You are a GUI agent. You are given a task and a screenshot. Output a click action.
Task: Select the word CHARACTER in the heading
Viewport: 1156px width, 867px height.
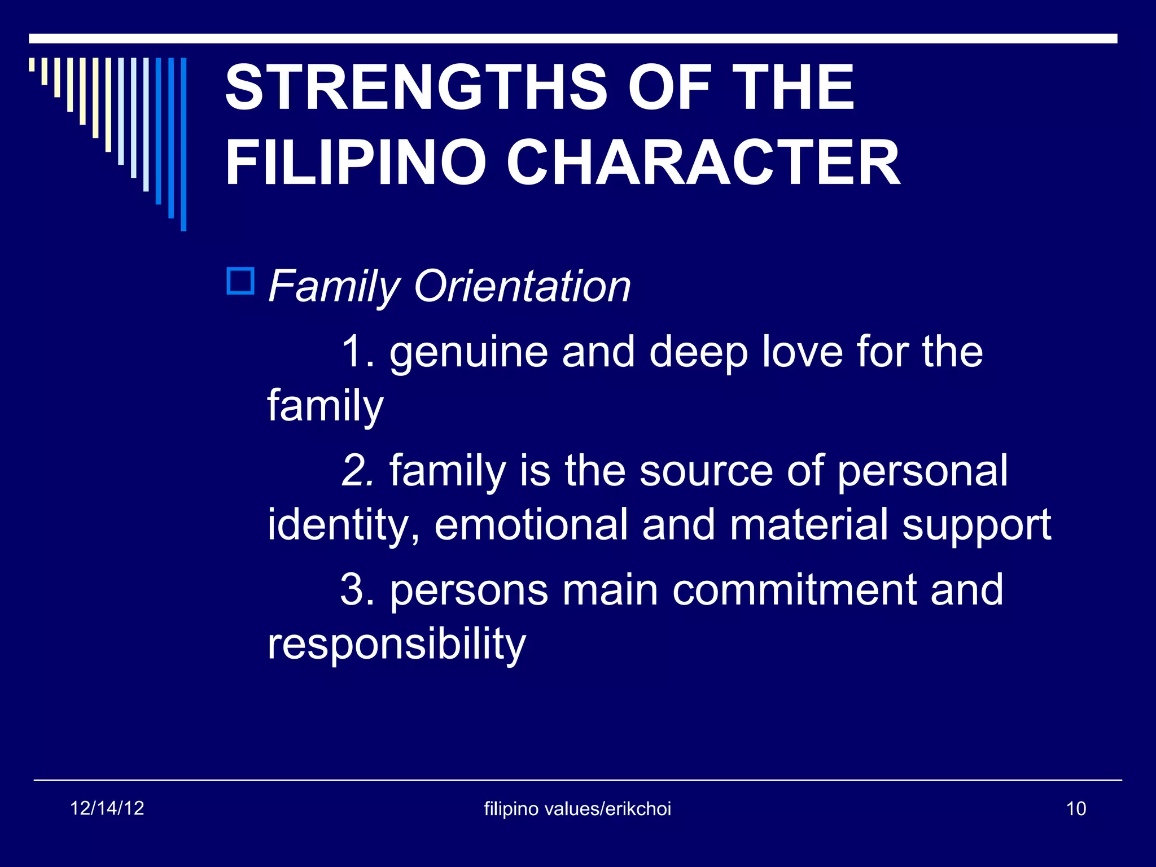pyautogui.click(x=703, y=163)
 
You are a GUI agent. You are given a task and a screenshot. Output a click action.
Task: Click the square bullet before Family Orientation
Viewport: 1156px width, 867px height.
pyautogui.click(x=240, y=281)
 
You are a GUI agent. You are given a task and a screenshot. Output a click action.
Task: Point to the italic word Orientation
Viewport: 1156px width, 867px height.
pyautogui.click(x=522, y=286)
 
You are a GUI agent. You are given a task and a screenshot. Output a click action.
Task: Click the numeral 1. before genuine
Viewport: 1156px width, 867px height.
pyautogui.click(x=357, y=352)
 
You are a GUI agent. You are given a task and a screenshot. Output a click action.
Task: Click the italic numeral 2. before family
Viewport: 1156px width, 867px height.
pyautogui.click(x=357, y=470)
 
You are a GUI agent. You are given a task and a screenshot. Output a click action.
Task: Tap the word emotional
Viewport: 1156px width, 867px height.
pyautogui.click(x=531, y=524)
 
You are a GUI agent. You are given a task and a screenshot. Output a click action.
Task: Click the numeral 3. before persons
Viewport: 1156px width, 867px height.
pyautogui.click(x=357, y=590)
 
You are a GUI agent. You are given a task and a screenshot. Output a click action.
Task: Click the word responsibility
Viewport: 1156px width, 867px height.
pyautogui.click(x=396, y=644)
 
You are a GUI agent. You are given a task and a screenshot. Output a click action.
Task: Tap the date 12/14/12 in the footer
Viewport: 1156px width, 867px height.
pyautogui.click(x=107, y=808)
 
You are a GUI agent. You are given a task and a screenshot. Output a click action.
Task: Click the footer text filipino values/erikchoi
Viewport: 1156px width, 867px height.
pyautogui.click(x=577, y=809)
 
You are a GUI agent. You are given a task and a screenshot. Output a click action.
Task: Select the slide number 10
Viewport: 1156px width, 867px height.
pyautogui.click(x=1076, y=809)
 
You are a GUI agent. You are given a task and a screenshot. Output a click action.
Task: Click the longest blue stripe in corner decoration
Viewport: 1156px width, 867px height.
pyautogui.click(x=183, y=144)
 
